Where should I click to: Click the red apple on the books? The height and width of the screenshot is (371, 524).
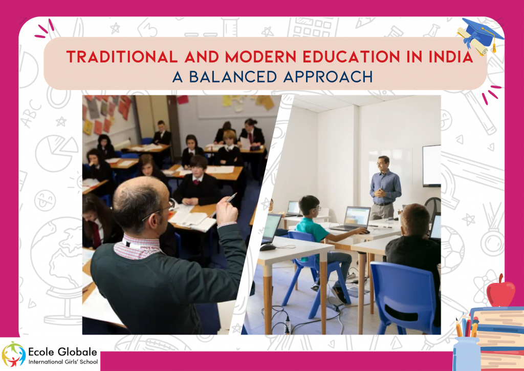coord(500,293)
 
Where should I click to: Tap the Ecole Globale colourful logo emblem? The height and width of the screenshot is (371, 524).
coord(14,354)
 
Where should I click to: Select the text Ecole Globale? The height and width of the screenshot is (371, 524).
coord(62,349)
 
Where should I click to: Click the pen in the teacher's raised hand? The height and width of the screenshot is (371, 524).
coord(231,197)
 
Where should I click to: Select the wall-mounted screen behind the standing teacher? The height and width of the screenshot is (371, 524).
coord(431,165)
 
